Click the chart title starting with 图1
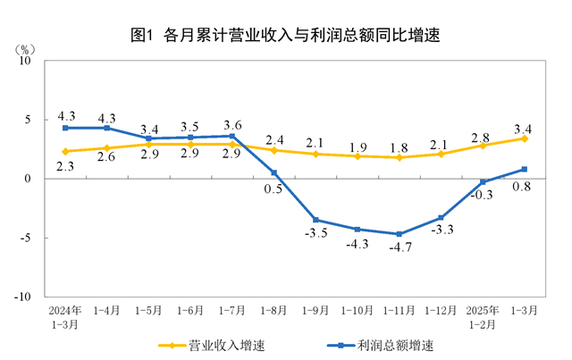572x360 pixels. (286, 36)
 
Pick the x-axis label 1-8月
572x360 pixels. (273, 311)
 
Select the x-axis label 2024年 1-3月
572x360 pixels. (65, 317)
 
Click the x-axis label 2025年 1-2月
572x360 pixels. (483, 317)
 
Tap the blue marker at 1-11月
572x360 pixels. (399, 234)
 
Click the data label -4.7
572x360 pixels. (399, 249)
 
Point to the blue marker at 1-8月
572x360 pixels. (273, 172)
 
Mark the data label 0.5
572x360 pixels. (273, 188)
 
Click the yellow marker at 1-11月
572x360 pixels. (399, 157)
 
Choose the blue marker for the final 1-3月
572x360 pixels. (525, 169)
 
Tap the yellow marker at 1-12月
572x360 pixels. (441, 154)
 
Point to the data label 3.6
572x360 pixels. (232, 124)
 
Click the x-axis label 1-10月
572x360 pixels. (357, 311)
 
